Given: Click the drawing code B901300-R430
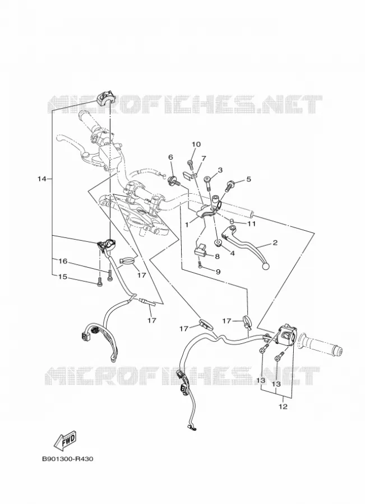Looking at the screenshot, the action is pyautogui.click(x=67, y=459).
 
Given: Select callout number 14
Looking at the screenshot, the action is pyautogui.click(x=42, y=179).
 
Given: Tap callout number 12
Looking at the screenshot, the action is pyautogui.click(x=282, y=407).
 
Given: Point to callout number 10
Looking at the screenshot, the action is pyautogui.click(x=196, y=144).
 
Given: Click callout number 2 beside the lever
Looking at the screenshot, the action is pyautogui.click(x=275, y=242).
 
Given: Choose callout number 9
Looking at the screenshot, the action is pyautogui.click(x=218, y=272).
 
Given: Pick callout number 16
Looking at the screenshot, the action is pyautogui.click(x=63, y=261).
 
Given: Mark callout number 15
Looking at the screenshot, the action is pyautogui.click(x=63, y=277).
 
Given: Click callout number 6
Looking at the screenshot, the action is pyautogui.click(x=170, y=157).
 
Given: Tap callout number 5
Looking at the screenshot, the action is pyautogui.click(x=248, y=179).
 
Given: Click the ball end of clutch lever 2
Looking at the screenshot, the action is pyautogui.click(x=266, y=266).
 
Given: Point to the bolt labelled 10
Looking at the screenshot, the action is pyautogui.click(x=190, y=165).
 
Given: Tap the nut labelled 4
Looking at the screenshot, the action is pyautogui.click(x=219, y=242).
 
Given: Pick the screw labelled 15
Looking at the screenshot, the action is pyautogui.click(x=99, y=282).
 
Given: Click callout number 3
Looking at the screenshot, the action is pyautogui.click(x=220, y=170).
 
